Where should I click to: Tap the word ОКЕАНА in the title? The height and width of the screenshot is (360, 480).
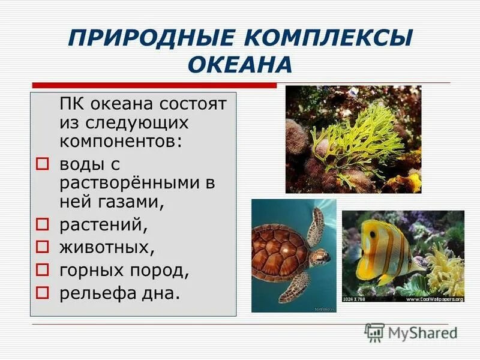tap(240, 64)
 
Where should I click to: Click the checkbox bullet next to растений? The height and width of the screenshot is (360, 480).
tap(41, 225)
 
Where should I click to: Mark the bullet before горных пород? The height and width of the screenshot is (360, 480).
tap(41, 271)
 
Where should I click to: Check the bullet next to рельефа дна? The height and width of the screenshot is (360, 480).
tap(41, 293)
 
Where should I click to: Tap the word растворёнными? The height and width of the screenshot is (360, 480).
tap(128, 183)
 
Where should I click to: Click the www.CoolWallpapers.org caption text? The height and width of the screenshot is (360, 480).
tap(436, 298)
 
